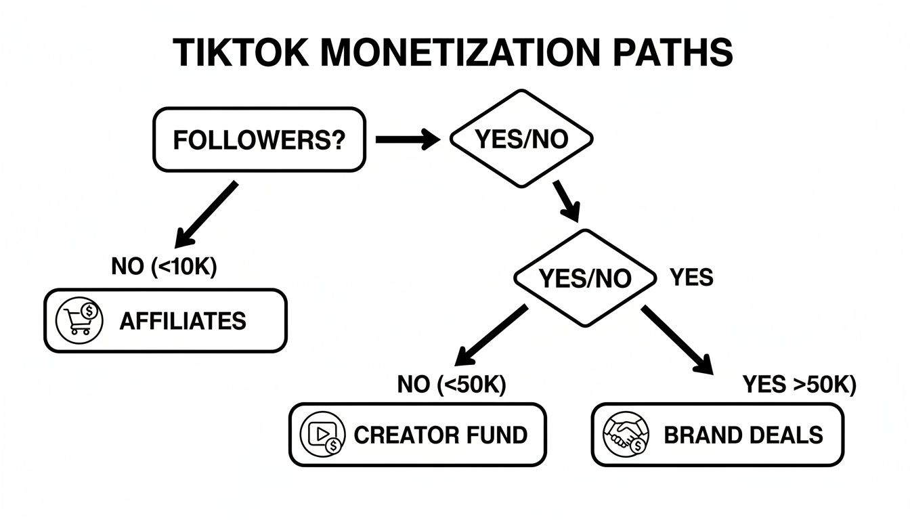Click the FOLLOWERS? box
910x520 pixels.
click(259, 139)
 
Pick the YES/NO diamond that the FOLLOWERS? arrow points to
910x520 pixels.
click(521, 139)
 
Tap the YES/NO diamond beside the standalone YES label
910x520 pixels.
click(585, 278)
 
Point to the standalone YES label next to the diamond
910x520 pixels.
click(691, 277)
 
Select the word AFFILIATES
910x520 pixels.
click(183, 321)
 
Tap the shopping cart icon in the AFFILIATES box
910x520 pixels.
click(79, 321)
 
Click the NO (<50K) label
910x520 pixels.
click(452, 384)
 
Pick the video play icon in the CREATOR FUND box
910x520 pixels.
click(323, 435)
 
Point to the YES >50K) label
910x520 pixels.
click(799, 385)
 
